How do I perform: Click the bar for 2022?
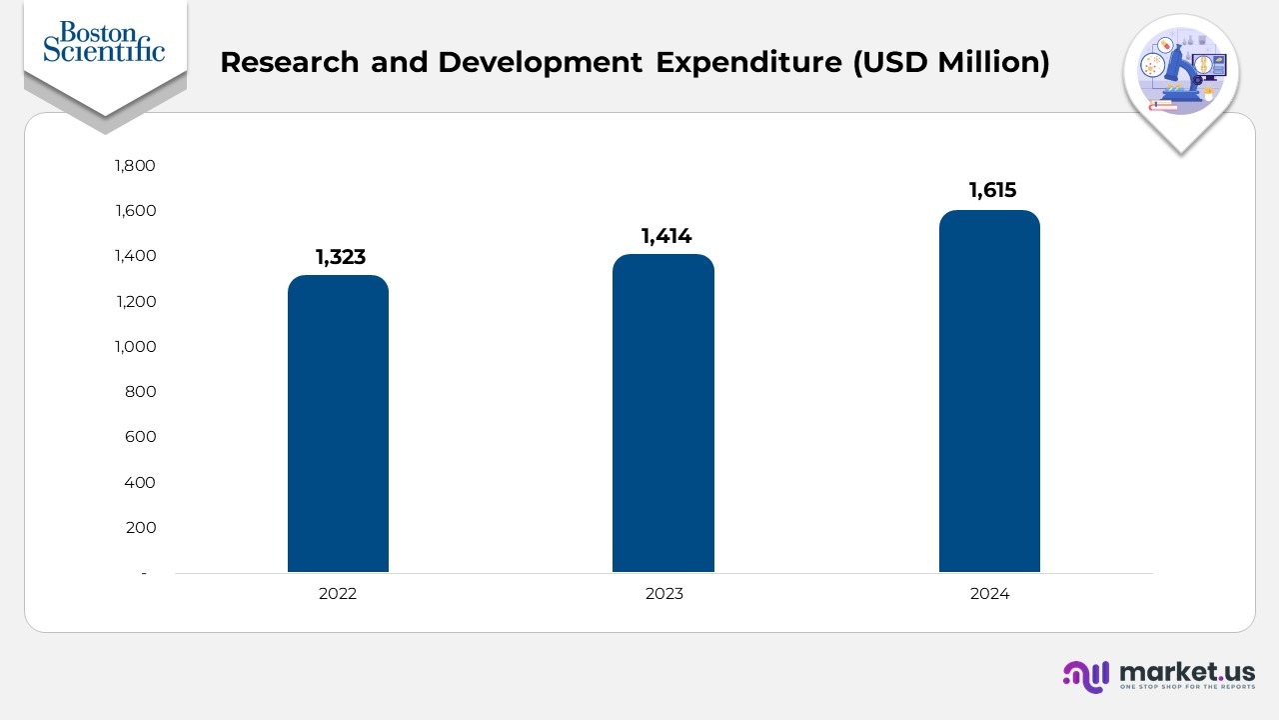pos(338,424)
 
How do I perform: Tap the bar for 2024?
pos(989,391)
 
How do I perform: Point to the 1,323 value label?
pos(341,258)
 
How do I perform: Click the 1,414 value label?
pos(666,237)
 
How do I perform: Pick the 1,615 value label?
pos(992,191)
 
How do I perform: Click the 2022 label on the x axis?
pos(338,594)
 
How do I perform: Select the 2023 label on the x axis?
pos(664,594)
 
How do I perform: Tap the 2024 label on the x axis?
pos(989,594)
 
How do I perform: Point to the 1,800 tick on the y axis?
pos(136,166)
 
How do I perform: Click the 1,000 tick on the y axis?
pos(136,347)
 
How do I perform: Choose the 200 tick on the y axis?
pos(141,528)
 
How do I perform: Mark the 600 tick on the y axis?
pos(141,437)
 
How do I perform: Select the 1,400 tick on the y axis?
pos(136,256)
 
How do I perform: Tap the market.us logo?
pos(1159,675)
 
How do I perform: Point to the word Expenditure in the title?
pos(748,62)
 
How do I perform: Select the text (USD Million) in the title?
pos(950,62)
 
